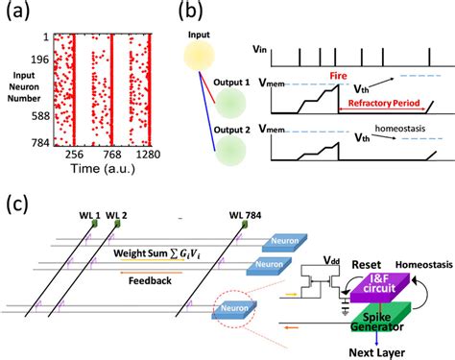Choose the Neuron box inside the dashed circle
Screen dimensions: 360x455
[x=226, y=307]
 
